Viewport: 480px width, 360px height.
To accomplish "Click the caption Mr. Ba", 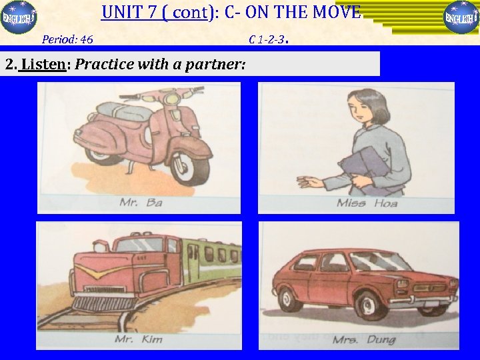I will pyautogui.click(x=141, y=202).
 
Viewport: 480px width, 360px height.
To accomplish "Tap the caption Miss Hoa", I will pyautogui.click(x=367, y=203).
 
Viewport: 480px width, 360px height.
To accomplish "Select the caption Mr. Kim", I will pyautogui.click(x=138, y=339).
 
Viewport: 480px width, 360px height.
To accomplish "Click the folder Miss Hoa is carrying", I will pyautogui.click(x=363, y=169).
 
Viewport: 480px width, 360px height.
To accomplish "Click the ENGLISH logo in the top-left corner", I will pyautogui.click(x=19, y=17).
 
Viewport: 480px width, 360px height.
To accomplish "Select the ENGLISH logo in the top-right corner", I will pyautogui.click(x=461, y=17).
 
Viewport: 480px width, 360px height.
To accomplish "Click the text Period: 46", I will pyautogui.click(x=67, y=39).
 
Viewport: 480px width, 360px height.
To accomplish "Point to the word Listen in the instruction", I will pyautogui.click(x=43, y=65).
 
